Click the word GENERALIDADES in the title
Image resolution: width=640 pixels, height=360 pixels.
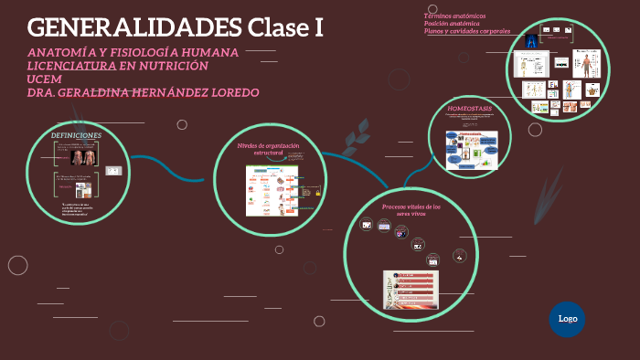click(x=134, y=27)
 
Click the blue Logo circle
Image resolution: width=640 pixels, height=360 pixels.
click(x=567, y=319)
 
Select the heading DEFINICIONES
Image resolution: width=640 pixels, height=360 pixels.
click(x=76, y=135)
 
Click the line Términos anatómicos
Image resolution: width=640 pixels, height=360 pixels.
click(x=454, y=16)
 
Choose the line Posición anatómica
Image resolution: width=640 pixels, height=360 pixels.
click(x=452, y=24)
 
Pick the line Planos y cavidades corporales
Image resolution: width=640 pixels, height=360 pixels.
click(x=467, y=31)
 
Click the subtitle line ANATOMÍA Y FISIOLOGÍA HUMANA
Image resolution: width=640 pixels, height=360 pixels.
click(x=133, y=52)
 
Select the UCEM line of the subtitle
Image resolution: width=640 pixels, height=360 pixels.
click(x=43, y=79)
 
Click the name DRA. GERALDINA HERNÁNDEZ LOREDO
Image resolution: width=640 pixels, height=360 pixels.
click(x=144, y=92)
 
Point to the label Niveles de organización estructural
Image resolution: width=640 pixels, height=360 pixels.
click(x=269, y=149)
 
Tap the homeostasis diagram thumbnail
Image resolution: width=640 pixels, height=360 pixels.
click(x=471, y=150)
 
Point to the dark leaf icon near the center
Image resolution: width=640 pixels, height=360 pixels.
click(x=351, y=143)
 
